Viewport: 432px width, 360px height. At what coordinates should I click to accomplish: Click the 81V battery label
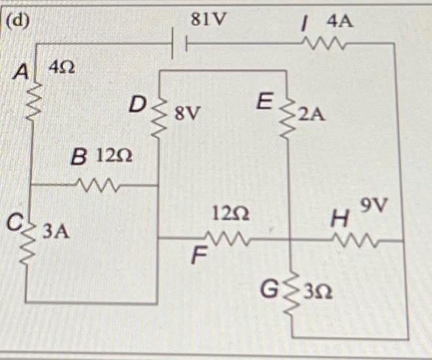(x=207, y=19)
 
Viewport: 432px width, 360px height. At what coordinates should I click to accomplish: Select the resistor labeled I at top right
(x=323, y=44)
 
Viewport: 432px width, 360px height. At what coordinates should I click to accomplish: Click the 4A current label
(x=339, y=21)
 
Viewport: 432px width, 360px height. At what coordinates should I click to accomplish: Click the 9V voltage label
(x=376, y=209)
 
